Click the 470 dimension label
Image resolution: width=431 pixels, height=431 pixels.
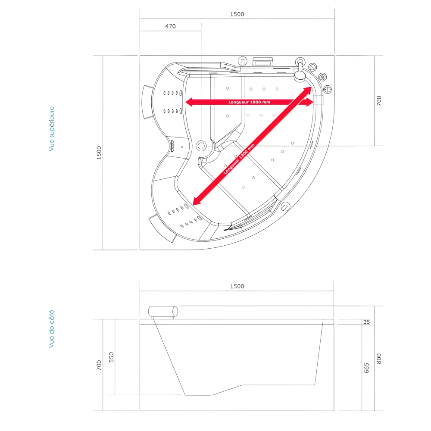click(170, 26)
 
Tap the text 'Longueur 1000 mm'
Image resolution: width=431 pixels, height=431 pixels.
click(250, 102)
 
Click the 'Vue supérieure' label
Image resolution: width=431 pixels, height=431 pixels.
click(52, 128)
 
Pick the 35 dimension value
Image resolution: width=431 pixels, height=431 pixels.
click(367, 322)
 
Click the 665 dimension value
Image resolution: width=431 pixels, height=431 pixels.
click(367, 368)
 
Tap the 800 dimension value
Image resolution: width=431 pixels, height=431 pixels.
click(379, 359)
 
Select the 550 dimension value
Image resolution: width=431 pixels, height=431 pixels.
click(111, 357)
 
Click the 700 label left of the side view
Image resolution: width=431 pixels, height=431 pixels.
click(99, 365)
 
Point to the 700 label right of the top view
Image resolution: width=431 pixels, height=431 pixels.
click(379, 101)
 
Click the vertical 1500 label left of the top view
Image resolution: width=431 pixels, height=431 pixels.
click(99, 153)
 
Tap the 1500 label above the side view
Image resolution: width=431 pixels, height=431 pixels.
click(237, 286)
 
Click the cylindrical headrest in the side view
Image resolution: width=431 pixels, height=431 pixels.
click(163, 311)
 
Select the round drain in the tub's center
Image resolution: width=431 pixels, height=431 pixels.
click(201, 146)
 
